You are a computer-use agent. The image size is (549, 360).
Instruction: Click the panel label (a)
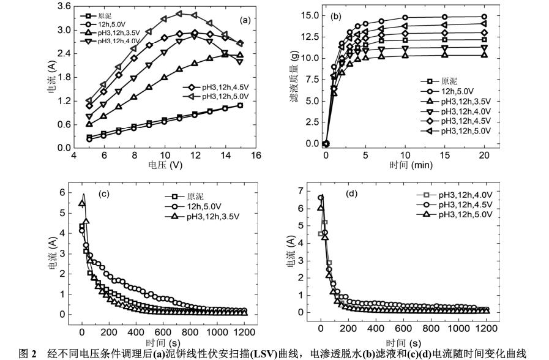tap(245, 20)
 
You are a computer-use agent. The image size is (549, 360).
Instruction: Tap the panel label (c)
tap(105, 195)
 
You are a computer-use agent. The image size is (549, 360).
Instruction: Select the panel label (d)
tap(353, 195)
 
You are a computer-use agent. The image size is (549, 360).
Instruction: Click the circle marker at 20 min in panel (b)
tap(484, 17)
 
